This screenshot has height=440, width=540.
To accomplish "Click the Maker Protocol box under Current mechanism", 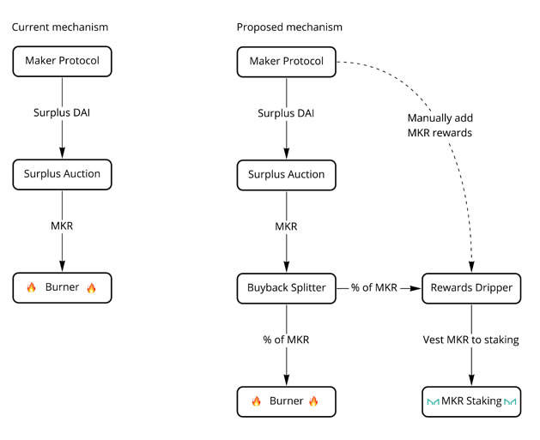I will point(62,61).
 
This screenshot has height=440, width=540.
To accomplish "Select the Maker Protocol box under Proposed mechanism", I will point(286,61).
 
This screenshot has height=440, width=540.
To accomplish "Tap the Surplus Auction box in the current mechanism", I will point(62,174).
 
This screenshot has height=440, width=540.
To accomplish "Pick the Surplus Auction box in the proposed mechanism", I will point(286,174).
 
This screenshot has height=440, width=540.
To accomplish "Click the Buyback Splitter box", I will point(286,288).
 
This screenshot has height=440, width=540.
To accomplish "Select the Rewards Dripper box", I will point(471,288).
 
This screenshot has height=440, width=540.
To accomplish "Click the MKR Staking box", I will point(471,401).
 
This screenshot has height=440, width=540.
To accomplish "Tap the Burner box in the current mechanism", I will point(62,288).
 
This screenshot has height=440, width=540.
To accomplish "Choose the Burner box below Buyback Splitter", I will point(286,401).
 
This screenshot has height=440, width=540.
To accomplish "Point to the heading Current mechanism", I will point(60,27).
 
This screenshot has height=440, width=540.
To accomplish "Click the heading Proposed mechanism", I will point(289,27).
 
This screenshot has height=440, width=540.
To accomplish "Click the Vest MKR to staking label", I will point(471,340).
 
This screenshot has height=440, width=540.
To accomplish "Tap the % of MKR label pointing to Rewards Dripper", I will point(373,288).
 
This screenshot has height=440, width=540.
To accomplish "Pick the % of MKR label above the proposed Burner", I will point(286,340).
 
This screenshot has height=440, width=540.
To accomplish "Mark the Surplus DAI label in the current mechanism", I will point(62,113).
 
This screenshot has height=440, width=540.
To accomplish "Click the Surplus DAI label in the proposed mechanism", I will point(286,113).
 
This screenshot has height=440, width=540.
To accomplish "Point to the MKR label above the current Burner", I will point(62,226).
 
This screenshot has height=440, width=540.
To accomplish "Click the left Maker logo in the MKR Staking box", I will point(432,401).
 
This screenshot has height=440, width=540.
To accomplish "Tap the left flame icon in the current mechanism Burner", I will point(32,288).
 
